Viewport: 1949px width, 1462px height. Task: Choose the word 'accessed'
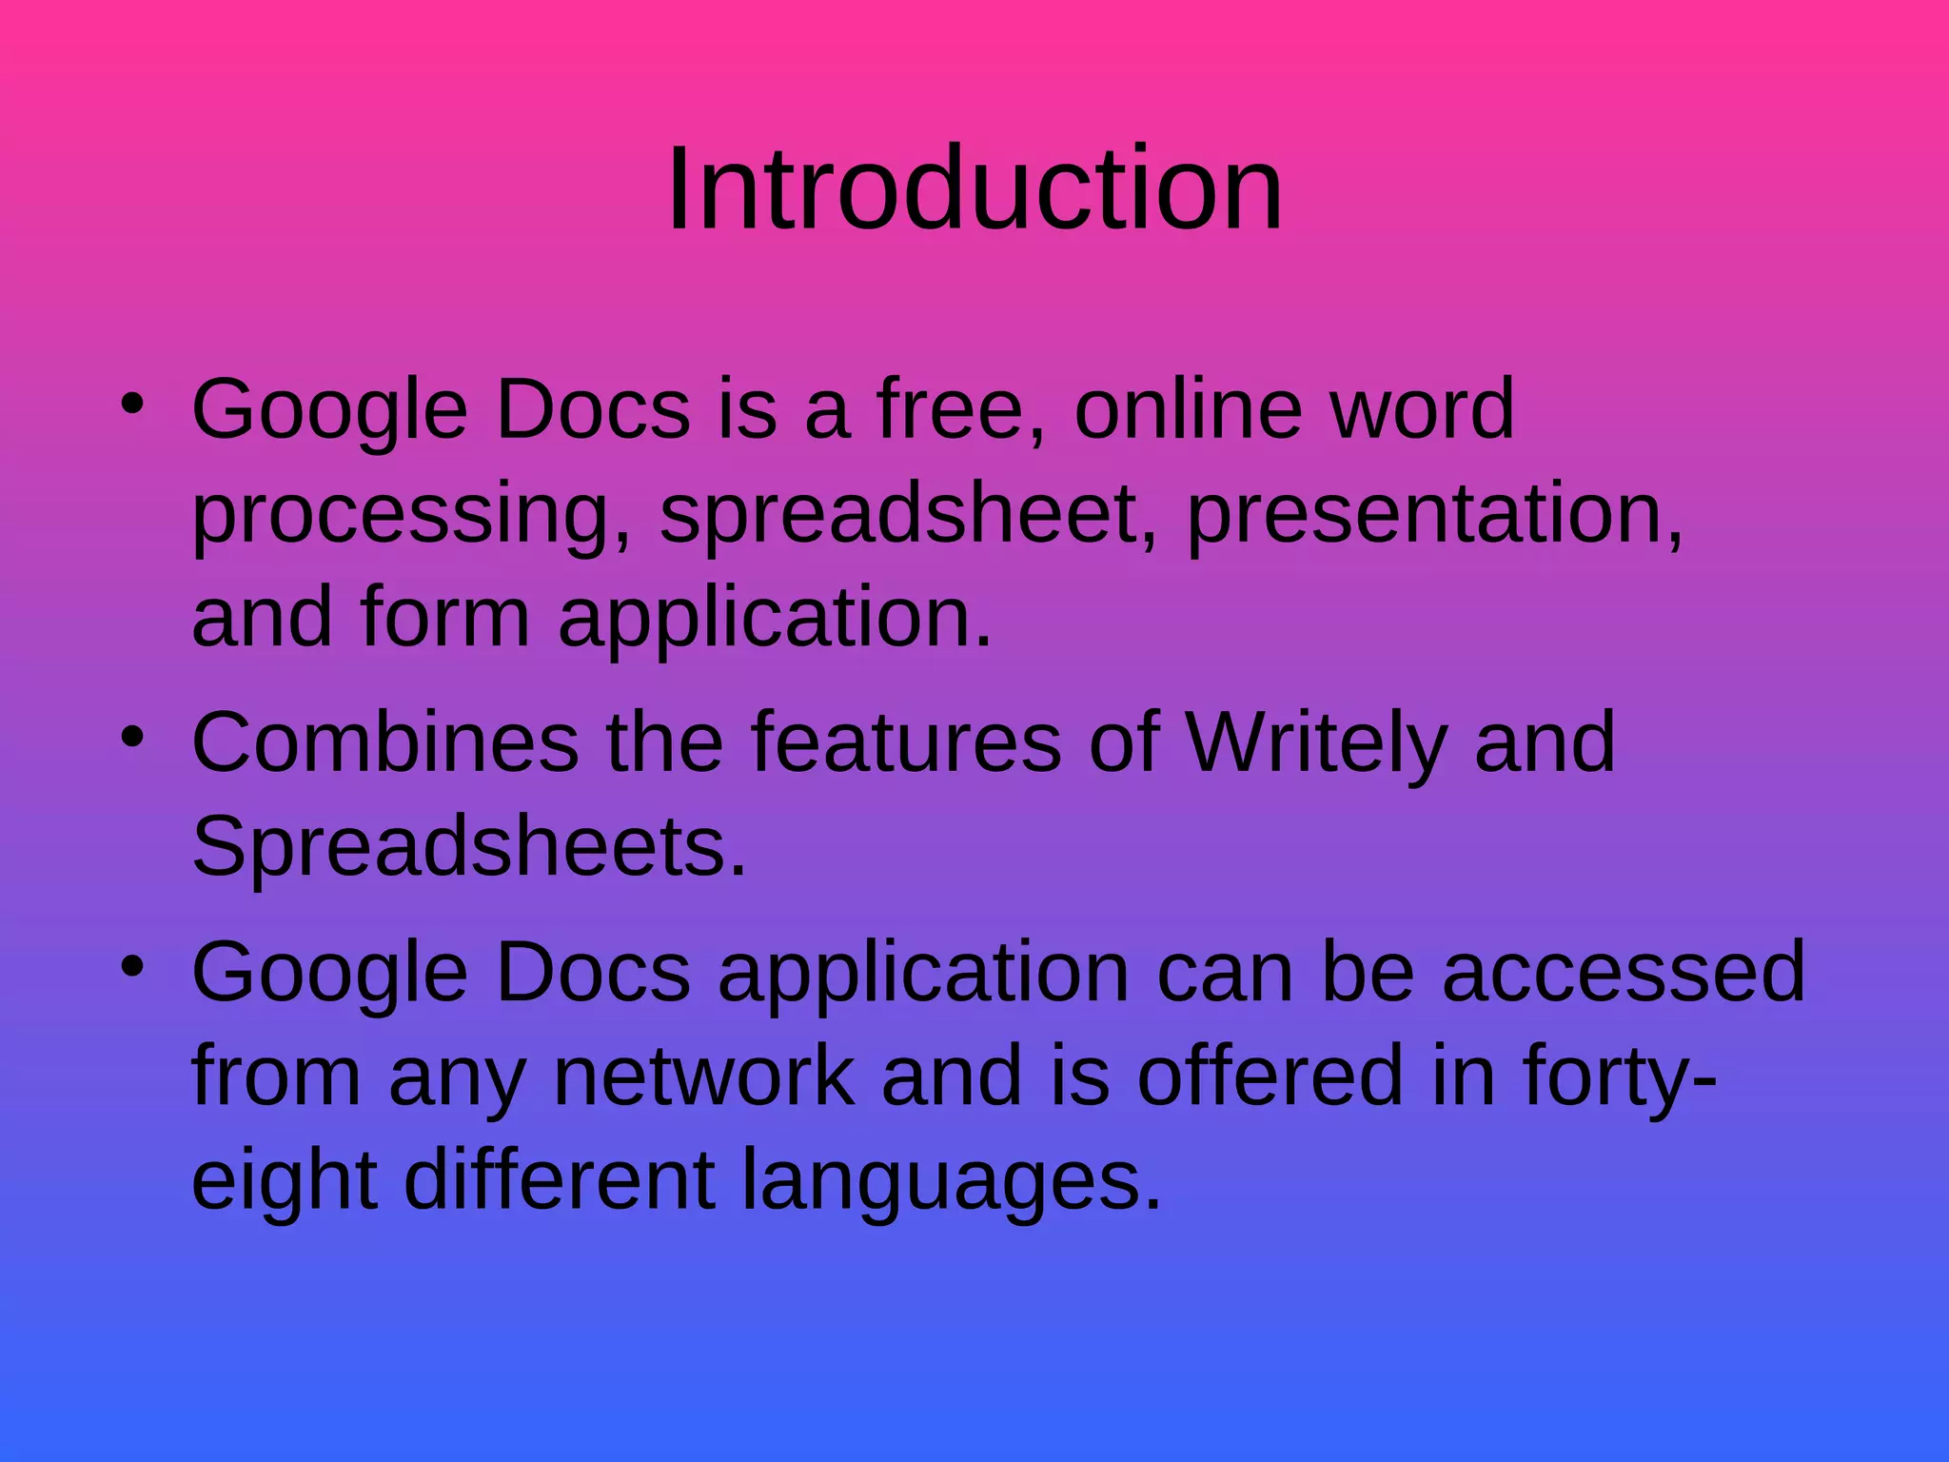(x=1624, y=972)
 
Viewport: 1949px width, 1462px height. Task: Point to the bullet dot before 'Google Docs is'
(x=132, y=404)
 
